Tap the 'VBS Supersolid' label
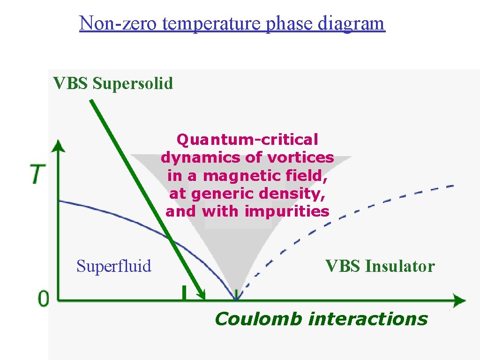[x=113, y=83]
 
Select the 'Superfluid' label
[x=114, y=266]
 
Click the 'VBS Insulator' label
[x=380, y=266]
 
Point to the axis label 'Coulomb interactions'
[x=321, y=319]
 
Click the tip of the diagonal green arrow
[x=204, y=297]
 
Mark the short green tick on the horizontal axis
[x=184, y=292]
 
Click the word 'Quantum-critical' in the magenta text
[x=247, y=140]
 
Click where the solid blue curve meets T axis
[x=59, y=201]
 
